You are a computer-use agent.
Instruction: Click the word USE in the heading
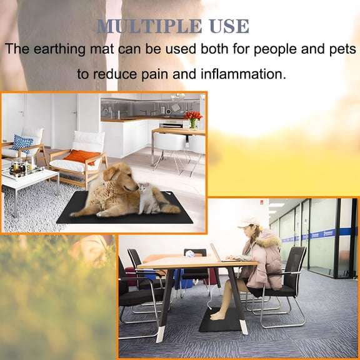pos(231,27)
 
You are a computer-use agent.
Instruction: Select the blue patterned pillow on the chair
pos(23,143)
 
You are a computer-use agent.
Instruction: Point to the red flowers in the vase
pos(194,116)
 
